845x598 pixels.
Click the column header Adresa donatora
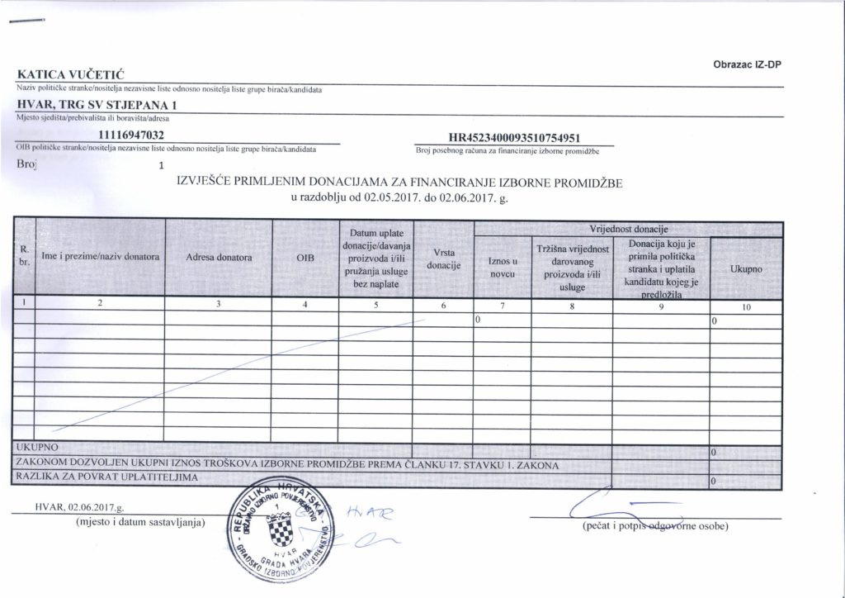point(219,258)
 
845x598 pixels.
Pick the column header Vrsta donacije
point(442,259)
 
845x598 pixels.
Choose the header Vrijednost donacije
point(627,227)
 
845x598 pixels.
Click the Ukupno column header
point(746,270)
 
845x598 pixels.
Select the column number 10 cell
point(746,307)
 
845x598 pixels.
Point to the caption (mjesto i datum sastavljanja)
point(139,523)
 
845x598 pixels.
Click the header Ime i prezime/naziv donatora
point(100,258)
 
